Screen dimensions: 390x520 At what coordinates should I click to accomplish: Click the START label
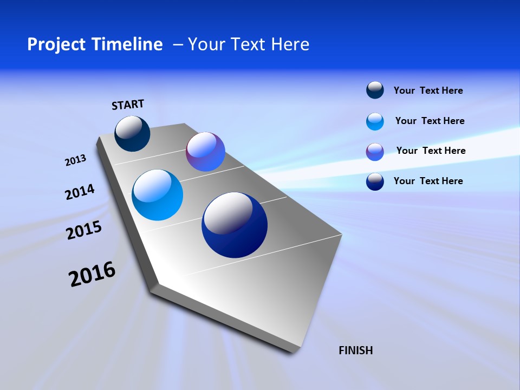[128, 105]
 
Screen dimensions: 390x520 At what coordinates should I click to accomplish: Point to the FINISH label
[356, 350]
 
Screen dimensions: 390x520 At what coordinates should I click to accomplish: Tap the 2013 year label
[75, 160]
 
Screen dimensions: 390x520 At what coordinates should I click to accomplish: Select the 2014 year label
[80, 192]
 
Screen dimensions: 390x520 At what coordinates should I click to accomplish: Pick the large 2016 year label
[92, 274]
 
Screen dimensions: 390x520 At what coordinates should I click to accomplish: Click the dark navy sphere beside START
[132, 133]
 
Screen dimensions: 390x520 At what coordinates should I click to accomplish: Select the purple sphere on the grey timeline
[205, 152]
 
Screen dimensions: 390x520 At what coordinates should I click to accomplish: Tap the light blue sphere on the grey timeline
[157, 195]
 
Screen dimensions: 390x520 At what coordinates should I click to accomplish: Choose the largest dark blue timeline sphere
[235, 225]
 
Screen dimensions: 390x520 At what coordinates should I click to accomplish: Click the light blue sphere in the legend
[375, 121]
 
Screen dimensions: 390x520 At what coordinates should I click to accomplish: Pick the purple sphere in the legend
[375, 152]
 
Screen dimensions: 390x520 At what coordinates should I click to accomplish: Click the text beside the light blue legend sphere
[430, 121]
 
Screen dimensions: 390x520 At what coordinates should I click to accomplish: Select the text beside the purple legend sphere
[431, 151]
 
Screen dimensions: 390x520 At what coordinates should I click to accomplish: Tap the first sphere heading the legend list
[375, 90]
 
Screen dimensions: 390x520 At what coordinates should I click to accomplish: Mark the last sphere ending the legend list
[375, 181]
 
